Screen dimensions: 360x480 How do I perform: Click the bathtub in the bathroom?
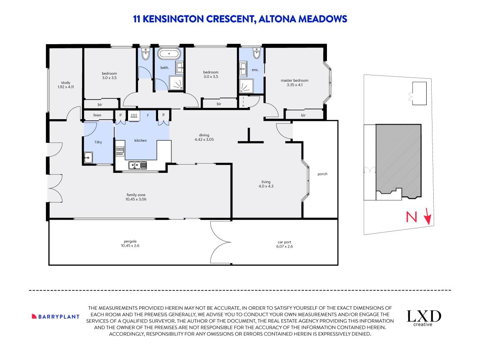pyautogui.click(x=169, y=54)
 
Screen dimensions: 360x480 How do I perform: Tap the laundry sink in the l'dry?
pyautogui.click(x=88, y=157)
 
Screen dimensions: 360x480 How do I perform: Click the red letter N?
pyautogui.click(x=412, y=217)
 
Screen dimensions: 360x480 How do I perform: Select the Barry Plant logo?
pyautogui.click(x=55, y=316)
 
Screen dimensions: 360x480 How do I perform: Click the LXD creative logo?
pyautogui.click(x=424, y=317)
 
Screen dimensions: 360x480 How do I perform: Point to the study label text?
pyautogui.click(x=65, y=82)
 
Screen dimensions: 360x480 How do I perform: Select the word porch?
pyautogui.click(x=322, y=174)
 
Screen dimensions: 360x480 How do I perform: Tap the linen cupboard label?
pyautogui.click(x=98, y=115)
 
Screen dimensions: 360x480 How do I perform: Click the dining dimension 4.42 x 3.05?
pyautogui.click(x=204, y=140)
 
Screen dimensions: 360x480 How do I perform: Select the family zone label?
pyautogui.click(x=136, y=195)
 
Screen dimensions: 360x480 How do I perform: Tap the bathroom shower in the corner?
pyautogui.click(x=177, y=82)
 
